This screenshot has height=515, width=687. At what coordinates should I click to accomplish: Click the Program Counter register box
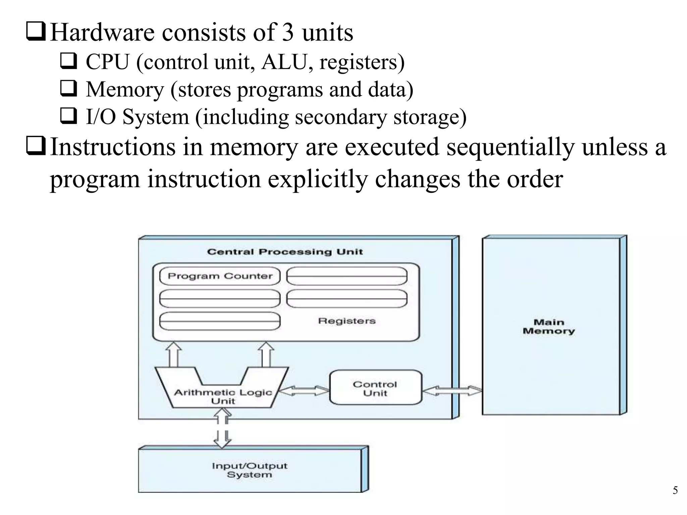click(x=220, y=276)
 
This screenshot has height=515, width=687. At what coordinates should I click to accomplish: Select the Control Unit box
click(x=375, y=388)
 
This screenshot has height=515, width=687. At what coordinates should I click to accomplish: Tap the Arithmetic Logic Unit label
click(x=223, y=396)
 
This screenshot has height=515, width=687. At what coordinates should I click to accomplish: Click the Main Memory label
click(x=549, y=327)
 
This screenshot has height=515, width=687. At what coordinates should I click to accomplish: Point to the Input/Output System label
click(x=249, y=470)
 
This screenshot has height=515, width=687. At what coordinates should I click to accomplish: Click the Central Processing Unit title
click(x=285, y=252)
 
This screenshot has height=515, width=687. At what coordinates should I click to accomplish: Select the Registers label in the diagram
click(x=347, y=321)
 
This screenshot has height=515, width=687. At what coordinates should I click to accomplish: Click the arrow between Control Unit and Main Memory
click(x=452, y=391)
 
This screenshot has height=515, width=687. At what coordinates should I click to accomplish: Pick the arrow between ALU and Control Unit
click(x=304, y=391)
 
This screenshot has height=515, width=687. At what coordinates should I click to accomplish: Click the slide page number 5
click(x=675, y=491)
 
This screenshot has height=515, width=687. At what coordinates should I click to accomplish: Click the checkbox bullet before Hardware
click(x=36, y=33)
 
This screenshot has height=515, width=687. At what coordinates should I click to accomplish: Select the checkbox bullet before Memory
click(x=69, y=89)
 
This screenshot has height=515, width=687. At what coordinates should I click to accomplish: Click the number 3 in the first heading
click(x=287, y=33)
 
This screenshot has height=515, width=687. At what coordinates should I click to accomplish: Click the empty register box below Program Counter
click(x=220, y=298)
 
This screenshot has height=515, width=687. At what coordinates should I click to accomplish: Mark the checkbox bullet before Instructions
click(x=36, y=147)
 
